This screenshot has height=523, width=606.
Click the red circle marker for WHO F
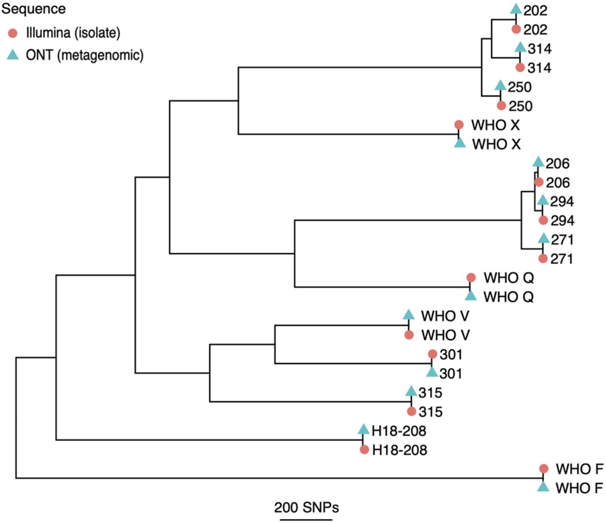[x=544, y=469]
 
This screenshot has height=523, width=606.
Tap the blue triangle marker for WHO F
[x=544, y=486]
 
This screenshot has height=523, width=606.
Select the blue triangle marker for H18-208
[x=363, y=429]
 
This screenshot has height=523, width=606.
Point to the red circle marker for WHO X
[x=459, y=125]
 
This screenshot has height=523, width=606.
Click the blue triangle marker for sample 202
[x=516, y=9]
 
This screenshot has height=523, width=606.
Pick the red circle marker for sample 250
[x=501, y=106]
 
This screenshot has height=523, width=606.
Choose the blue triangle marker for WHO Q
[x=470, y=295]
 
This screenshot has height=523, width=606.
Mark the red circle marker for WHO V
[x=409, y=335]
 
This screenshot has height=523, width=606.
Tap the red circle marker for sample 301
[x=432, y=354]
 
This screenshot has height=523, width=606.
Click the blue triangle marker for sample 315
[x=411, y=391]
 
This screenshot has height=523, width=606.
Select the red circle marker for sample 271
[x=543, y=258]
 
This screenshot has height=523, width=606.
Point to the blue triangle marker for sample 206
[x=538, y=162]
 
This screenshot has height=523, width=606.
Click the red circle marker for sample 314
[x=520, y=68]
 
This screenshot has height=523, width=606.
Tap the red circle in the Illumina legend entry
[x=13, y=33]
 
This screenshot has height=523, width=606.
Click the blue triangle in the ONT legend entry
[x=13, y=54]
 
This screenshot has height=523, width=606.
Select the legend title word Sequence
[x=34, y=9]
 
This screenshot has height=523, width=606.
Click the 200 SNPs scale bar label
[x=306, y=507]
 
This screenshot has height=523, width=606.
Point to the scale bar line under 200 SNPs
[x=306, y=519]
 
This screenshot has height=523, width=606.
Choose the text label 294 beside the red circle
[x=562, y=221]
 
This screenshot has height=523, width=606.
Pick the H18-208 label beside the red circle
[x=400, y=450]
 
